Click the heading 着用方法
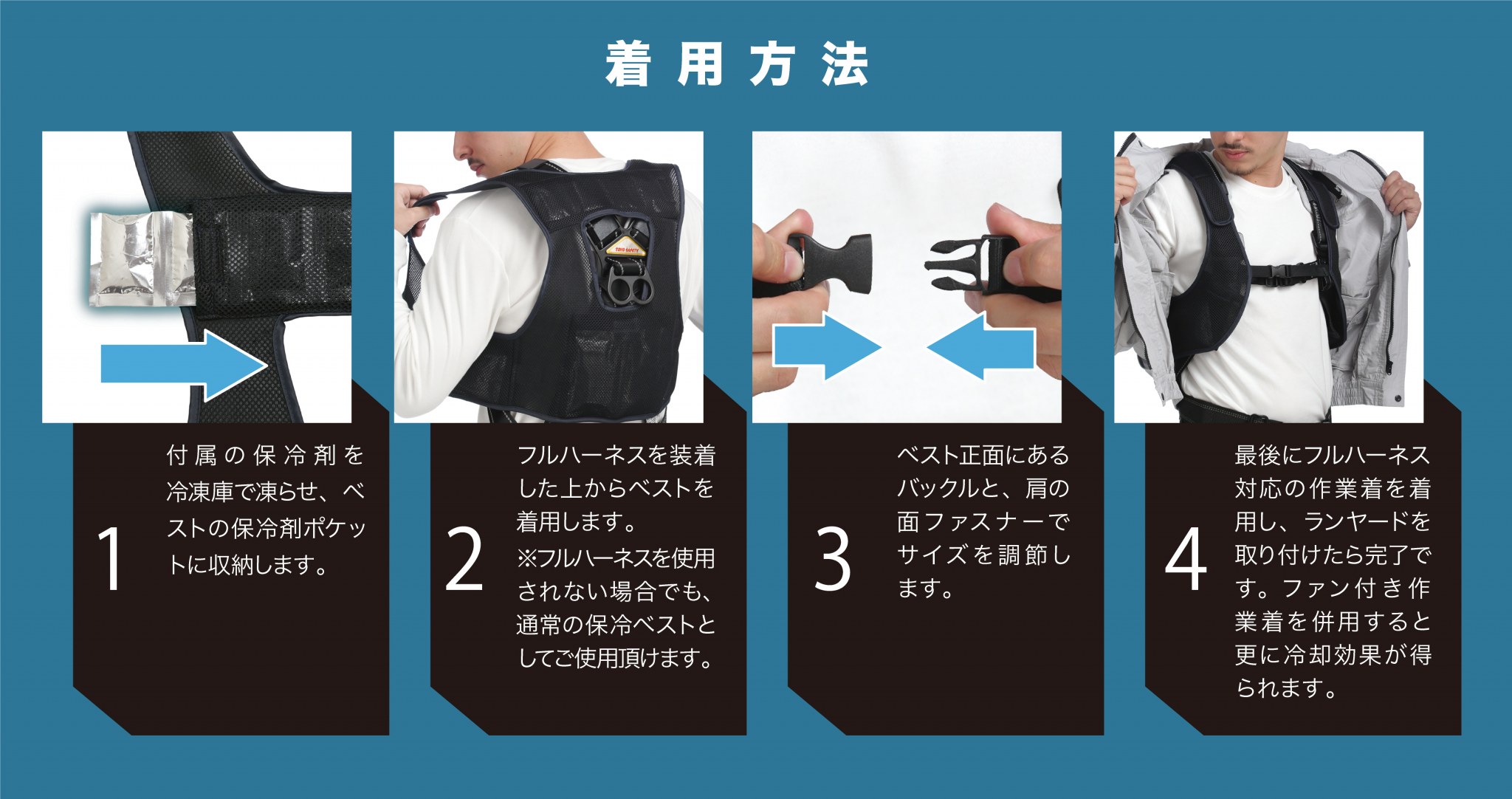click(736, 65)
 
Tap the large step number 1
click(111, 559)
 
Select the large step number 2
click(464, 559)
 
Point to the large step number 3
click(832, 559)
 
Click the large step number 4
click(1186, 559)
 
